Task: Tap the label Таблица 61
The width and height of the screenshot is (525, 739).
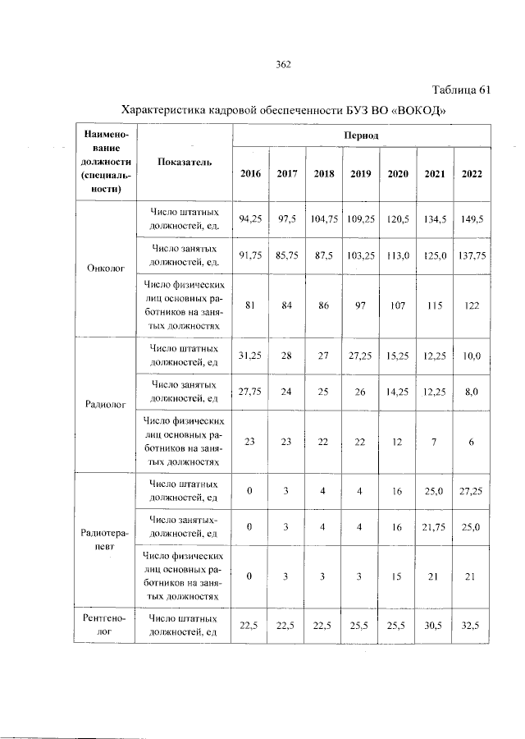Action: click(x=461, y=90)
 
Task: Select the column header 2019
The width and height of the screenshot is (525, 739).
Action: click(x=360, y=173)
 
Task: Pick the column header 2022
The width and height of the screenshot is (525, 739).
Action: click(x=472, y=173)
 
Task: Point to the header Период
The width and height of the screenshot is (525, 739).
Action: click(x=360, y=135)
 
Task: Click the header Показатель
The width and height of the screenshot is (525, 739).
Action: click(x=185, y=162)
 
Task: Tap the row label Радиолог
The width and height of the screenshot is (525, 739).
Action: click(x=105, y=405)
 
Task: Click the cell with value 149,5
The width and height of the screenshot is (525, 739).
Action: click(x=472, y=219)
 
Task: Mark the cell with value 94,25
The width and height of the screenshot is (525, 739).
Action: click(x=249, y=219)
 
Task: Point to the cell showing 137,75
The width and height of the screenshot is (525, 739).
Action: click(x=472, y=255)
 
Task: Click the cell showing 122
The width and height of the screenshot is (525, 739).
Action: click(x=472, y=305)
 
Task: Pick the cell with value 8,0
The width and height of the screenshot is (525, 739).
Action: click(x=472, y=392)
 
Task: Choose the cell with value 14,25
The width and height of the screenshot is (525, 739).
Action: click(x=397, y=392)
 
